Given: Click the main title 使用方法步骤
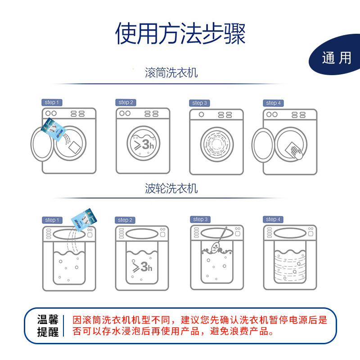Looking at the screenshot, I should [x=180, y=33].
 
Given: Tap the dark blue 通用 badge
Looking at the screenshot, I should [x=336, y=58].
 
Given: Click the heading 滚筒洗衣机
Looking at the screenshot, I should [x=171, y=72].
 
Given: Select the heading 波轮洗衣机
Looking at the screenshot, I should [x=171, y=188].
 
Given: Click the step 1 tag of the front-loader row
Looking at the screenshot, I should [x=52, y=103].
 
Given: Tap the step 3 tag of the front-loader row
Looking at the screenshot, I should [x=199, y=103].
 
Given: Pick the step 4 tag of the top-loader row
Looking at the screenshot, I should [x=273, y=219].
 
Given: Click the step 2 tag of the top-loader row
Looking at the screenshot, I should [x=126, y=220].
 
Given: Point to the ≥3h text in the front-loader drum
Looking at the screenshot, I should [x=142, y=144].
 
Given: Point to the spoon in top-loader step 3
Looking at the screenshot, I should [x=216, y=243].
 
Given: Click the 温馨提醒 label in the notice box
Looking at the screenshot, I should [x=48, y=326].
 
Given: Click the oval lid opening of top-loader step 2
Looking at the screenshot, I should [x=142, y=234].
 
